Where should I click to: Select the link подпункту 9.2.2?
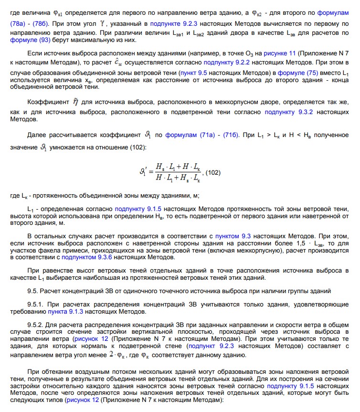point(223,62)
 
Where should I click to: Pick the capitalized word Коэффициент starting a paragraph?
point(48,102)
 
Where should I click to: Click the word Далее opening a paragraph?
point(37,135)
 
